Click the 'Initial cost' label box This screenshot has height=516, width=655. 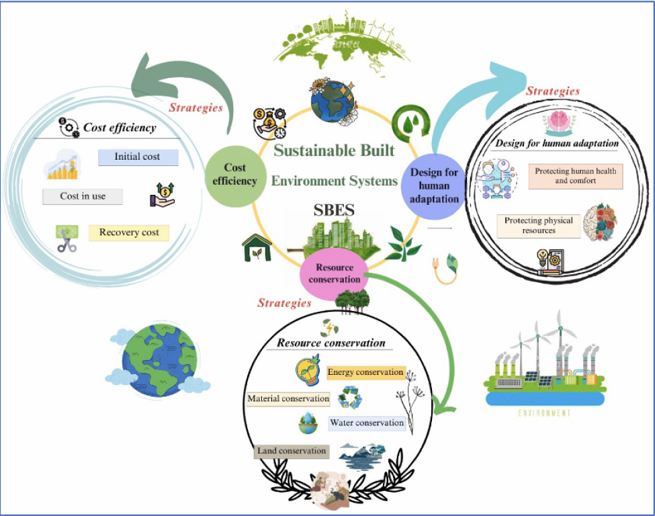pyautogui.click(x=138, y=157)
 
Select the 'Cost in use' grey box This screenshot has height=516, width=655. pyautogui.click(x=83, y=196)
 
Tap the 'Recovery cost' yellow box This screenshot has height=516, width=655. pyautogui.click(x=128, y=233)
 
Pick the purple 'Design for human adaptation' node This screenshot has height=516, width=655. pyautogui.click(x=434, y=185)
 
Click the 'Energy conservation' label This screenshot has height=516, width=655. pyautogui.click(x=365, y=372)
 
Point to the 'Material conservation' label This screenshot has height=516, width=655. pyautogui.click(x=288, y=399)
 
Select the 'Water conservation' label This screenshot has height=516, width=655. pyautogui.click(x=367, y=423)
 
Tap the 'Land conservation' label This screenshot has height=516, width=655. pyautogui.click(x=292, y=451)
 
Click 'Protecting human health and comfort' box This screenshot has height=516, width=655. pyautogui.click(x=575, y=176)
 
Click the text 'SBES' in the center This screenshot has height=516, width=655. pyautogui.click(x=335, y=211)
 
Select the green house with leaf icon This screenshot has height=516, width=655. pyautogui.click(x=257, y=248)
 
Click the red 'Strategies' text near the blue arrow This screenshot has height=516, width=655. pyautogui.click(x=552, y=91)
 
